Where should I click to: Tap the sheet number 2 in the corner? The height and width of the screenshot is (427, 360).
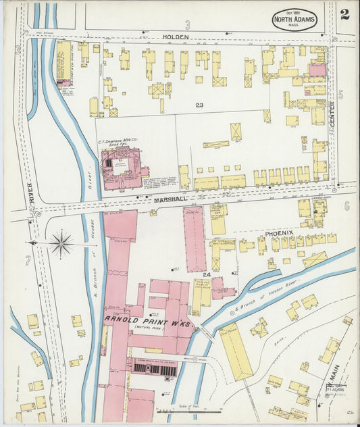tap(344, 15)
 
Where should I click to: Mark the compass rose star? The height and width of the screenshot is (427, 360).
tap(61, 243)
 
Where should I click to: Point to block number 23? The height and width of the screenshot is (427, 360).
tap(199, 105)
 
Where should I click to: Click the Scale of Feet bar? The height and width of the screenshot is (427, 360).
tap(189, 410)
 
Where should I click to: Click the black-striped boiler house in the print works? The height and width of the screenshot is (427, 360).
tap(155, 369)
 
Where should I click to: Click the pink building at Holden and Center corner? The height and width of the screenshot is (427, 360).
tap(317, 70)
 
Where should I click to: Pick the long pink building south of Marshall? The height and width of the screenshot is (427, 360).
tap(195, 238)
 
